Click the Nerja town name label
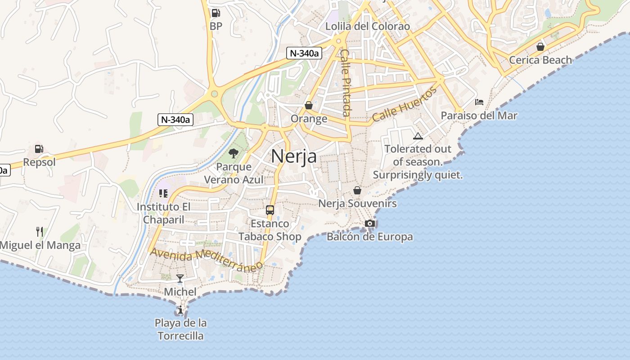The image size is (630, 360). click(x=294, y=156)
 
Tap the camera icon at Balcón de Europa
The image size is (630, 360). click(x=370, y=223)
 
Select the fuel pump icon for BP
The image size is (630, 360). click(x=216, y=13)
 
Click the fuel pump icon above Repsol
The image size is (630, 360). click(x=39, y=149)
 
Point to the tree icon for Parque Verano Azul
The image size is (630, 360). click(x=233, y=153)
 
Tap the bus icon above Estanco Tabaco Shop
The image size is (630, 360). click(x=270, y=210)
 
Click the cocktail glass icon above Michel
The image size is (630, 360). click(x=180, y=279)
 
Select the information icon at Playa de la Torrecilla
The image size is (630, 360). click(x=180, y=310)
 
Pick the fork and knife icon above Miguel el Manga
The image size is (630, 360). click(x=40, y=232)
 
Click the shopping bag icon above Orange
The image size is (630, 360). click(x=309, y=105)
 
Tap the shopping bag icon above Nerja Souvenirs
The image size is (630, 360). click(x=357, y=190)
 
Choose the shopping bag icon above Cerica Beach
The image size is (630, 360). click(x=540, y=47)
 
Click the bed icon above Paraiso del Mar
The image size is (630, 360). click(x=479, y=102)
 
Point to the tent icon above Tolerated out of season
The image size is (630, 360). click(x=418, y=136)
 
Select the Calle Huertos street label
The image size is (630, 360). click(x=404, y=104)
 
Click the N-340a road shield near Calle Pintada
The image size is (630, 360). click(x=304, y=53)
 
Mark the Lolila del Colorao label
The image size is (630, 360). click(x=368, y=26)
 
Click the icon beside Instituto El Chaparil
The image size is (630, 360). click(x=163, y=193)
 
